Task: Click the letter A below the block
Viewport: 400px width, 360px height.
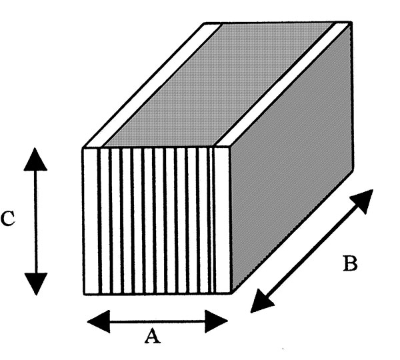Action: coord(153,337)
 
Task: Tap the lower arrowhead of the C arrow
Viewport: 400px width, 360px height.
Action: coord(35,283)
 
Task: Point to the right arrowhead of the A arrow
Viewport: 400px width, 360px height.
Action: coord(217,321)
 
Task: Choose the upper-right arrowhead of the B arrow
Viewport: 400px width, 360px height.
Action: coord(364,199)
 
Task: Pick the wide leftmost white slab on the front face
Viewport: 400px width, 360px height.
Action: coord(91,220)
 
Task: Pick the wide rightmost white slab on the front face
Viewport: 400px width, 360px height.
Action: coord(222,220)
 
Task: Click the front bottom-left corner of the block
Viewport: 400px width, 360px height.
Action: coord(84,294)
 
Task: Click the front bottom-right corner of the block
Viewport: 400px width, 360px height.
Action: coord(231,293)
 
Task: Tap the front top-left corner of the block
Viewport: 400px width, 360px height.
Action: coord(83,147)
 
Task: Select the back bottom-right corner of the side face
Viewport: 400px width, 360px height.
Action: coord(353,165)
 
